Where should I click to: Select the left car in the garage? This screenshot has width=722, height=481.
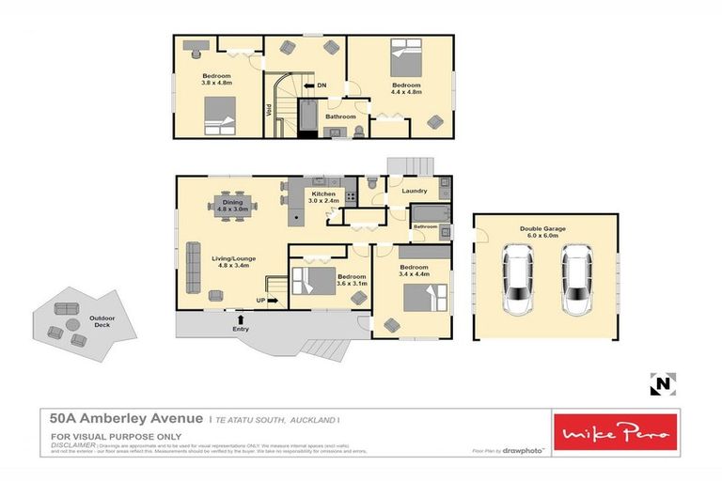tap(518, 279)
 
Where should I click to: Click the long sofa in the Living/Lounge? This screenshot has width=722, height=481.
tap(194, 268)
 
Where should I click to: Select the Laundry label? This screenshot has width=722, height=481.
tap(415, 192)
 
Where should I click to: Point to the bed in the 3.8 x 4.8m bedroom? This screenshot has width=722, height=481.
tap(222, 116)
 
